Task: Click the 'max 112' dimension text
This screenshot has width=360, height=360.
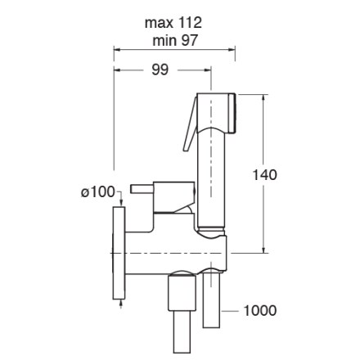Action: (173, 23)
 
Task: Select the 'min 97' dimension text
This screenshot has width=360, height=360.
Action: (175, 41)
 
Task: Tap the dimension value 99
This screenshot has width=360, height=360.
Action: (160, 70)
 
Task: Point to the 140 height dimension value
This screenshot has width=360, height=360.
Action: (264, 175)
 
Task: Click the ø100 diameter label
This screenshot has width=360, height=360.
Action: (98, 192)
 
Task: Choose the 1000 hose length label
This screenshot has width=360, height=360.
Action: (259, 311)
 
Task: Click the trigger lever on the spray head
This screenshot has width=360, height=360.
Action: (190, 124)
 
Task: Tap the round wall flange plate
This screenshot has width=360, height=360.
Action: (119, 253)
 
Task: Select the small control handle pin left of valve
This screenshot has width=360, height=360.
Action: (142, 189)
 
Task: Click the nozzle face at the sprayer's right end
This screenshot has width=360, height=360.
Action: (232, 113)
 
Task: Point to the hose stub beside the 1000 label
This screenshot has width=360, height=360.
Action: (211, 299)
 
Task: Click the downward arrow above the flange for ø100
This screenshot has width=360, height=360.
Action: (121, 203)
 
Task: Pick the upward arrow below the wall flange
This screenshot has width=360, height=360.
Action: (121, 303)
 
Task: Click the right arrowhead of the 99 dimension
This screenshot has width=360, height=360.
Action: (208, 70)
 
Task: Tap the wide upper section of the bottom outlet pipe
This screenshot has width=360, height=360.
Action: (182, 293)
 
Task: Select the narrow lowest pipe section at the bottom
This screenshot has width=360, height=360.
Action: (182, 331)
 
